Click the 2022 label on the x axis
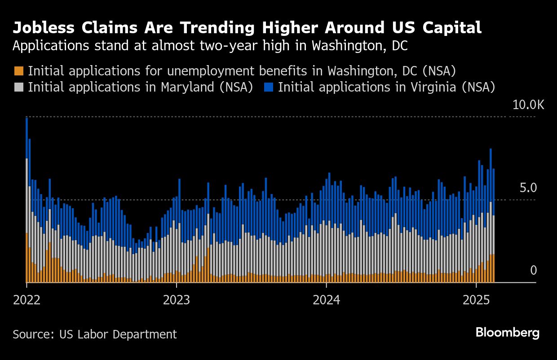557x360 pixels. pos(27,300)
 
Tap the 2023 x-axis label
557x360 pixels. pos(177,300)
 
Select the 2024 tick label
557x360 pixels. pos(326,300)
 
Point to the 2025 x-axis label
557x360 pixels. pos(476,300)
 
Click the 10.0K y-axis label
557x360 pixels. pos(528,105)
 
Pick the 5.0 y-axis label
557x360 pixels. pos(528,188)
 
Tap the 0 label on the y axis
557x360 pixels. pos(533,270)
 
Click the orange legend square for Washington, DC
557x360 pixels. pos(18,71)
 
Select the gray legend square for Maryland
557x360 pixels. pos(18,87)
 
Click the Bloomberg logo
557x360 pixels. pos(507,333)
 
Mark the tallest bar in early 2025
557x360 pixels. pos(491,215)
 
